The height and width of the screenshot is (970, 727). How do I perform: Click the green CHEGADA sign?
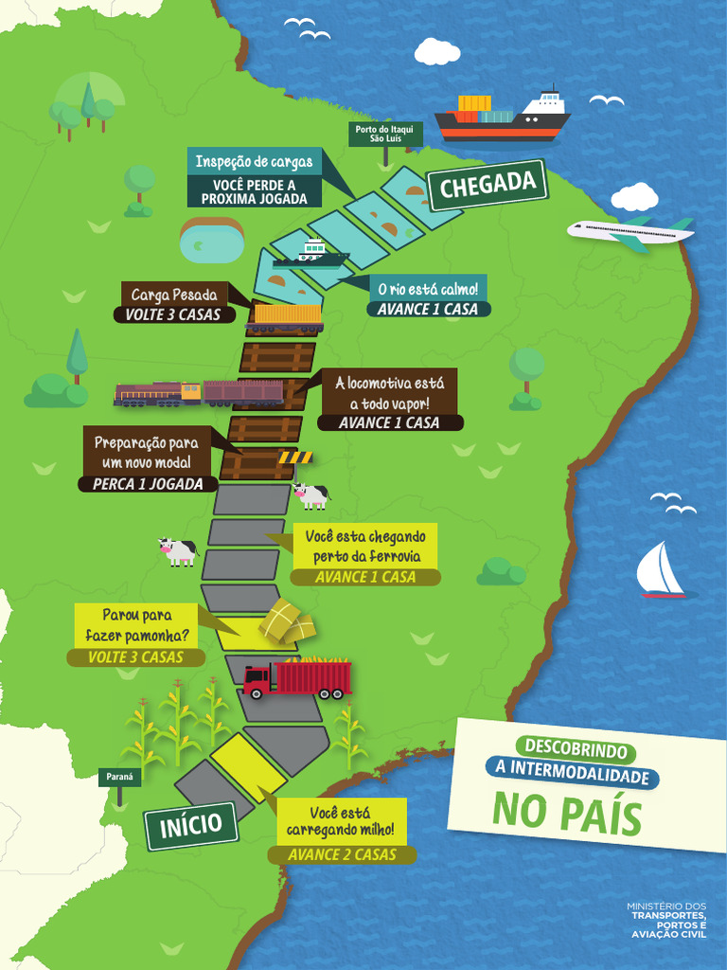488,185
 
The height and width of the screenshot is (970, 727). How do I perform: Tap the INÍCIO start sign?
190,825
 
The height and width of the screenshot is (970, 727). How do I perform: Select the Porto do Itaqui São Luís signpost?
384,134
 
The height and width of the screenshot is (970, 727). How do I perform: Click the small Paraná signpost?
119,777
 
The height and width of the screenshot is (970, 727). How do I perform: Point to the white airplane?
629,232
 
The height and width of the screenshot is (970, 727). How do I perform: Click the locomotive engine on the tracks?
158,393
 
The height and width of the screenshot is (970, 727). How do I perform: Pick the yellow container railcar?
285,316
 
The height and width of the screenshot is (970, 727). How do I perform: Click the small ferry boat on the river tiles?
310,255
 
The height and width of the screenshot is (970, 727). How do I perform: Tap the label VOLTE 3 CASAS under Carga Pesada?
174,314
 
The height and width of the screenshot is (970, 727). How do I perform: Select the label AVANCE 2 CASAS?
342,854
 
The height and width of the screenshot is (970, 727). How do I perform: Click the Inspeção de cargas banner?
253,162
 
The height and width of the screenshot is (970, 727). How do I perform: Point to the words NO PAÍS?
566,814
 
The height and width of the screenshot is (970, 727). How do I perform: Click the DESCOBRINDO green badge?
576,750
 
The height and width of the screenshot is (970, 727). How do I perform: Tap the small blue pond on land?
211,242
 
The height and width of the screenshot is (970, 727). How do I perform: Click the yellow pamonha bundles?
287,621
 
